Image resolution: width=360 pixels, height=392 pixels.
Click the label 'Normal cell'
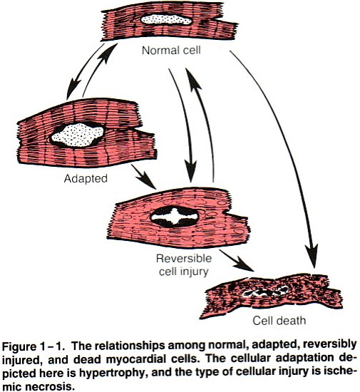[x=171, y=51]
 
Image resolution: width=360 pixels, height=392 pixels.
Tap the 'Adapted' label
[x=86, y=179]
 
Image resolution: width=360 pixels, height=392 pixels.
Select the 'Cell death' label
[x=279, y=321]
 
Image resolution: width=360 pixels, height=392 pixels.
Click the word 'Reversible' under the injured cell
[x=184, y=258]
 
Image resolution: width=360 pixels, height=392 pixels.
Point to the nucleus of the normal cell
[x=166, y=19]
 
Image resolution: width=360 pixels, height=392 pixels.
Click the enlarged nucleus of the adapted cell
[x=78, y=135]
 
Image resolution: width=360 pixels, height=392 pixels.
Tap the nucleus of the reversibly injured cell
[x=175, y=217]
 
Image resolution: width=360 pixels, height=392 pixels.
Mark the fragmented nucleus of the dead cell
[x=265, y=292]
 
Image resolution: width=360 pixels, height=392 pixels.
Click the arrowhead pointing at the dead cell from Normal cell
[x=312, y=257]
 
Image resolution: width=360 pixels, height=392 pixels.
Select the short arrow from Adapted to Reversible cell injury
[x=144, y=177]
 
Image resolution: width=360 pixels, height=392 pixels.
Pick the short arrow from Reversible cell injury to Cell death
[x=236, y=261]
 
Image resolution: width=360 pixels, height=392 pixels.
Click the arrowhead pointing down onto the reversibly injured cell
[x=191, y=172]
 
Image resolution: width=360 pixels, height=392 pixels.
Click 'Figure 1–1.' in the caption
[x=34, y=347]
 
